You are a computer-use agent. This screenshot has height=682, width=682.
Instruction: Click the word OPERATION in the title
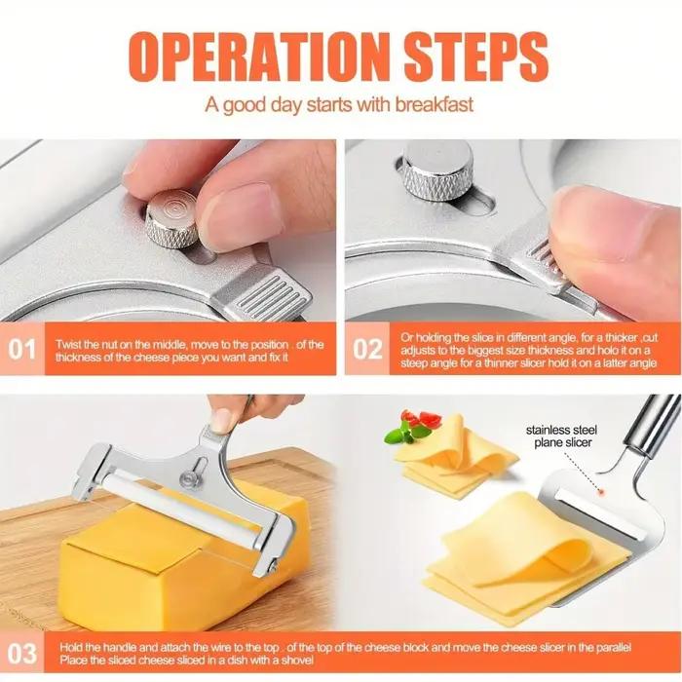[x=259, y=57]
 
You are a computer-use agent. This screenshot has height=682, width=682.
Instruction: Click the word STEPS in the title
[x=476, y=57]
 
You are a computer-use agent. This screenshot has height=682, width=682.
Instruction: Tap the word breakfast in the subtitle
[x=435, y=105]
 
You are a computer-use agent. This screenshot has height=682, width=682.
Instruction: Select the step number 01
[x=21, y=349]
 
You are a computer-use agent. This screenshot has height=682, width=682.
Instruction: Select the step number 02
[x=367, y=349]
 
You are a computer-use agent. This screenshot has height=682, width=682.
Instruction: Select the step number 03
[x=21, y=654]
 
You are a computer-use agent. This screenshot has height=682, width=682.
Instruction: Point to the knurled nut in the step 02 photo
[x=438, y=170]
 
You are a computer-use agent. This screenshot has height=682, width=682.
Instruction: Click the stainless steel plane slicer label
[x=562, y=436]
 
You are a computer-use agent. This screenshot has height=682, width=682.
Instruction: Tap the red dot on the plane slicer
[x=603, y=492]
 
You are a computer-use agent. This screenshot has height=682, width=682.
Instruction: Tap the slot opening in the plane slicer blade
[x=599, y=513]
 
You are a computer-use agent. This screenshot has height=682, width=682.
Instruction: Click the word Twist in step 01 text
[x=68, y=345]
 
